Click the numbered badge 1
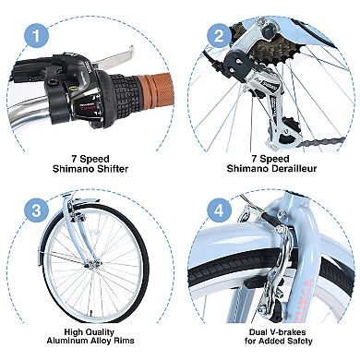click(x=36, y=36)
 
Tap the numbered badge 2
click(x=219, y=36)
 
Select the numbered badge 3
click(x=36, y=211)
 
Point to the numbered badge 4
click(x=219, y=211)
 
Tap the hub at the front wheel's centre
click(x=90, y=264)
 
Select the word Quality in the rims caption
click(x=99, y=332)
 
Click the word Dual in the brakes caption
click(x=258, y=332)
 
